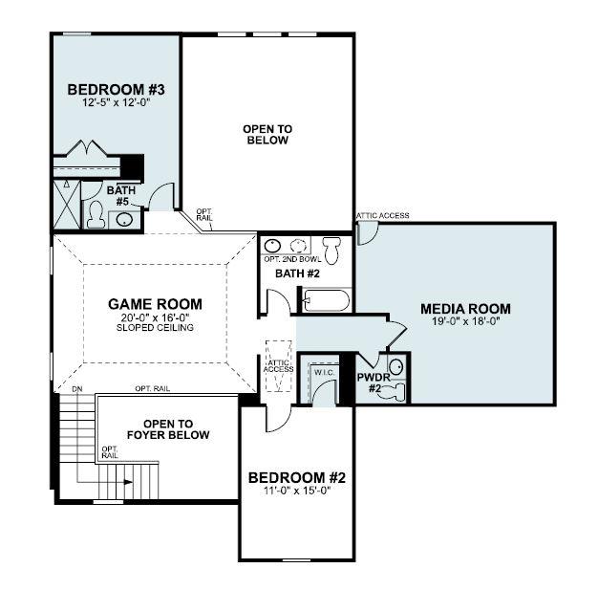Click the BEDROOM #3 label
117,90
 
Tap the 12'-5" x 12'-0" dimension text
117,103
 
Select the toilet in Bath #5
96,217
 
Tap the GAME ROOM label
155,304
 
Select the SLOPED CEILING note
155,328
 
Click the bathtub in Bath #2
325,301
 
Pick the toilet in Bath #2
332,250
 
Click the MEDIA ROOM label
465,309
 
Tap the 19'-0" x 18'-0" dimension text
465,322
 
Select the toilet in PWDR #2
394,390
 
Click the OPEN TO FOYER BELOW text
168,429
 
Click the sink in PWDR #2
395,366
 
